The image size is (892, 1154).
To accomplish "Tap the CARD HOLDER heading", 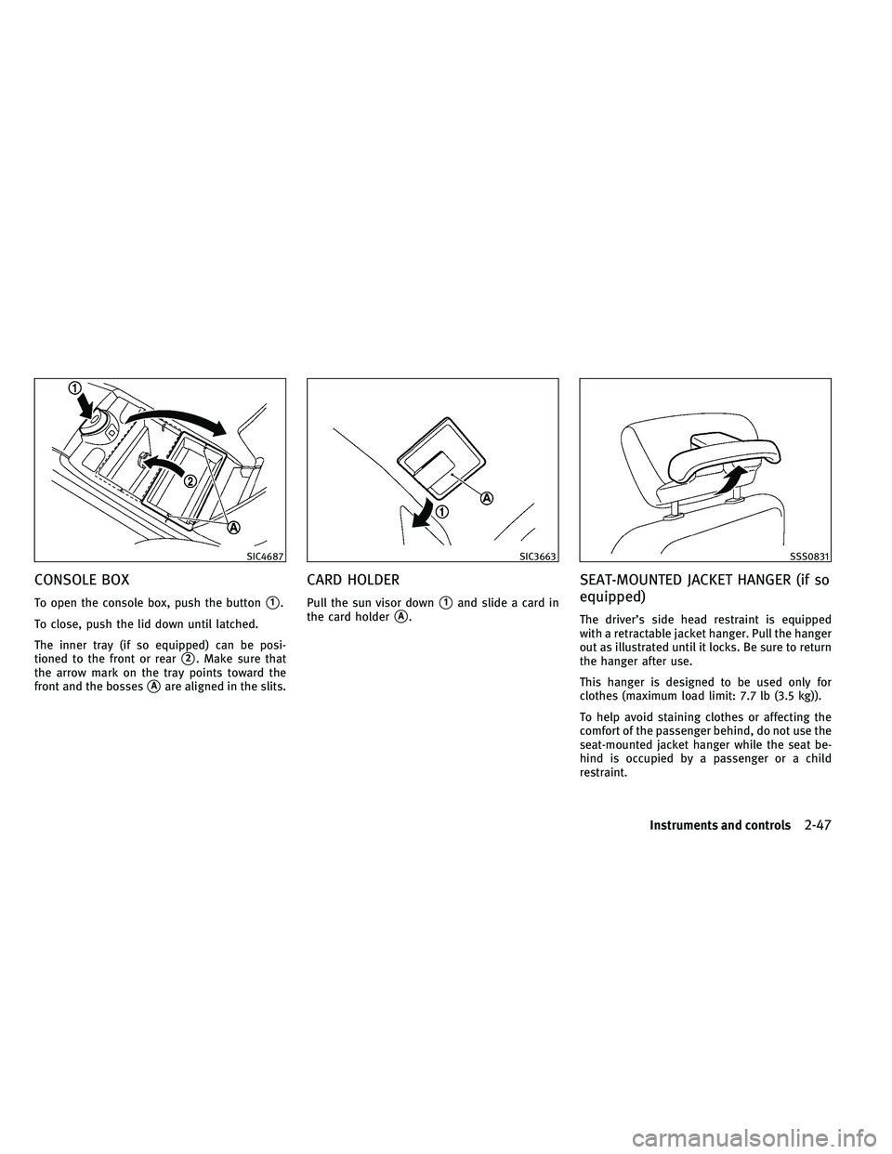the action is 351,580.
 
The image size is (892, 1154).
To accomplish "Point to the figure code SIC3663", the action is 538,556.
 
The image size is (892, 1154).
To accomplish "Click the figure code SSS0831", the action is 811,556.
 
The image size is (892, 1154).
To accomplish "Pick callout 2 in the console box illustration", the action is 190,480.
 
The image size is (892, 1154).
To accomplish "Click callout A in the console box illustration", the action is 234,528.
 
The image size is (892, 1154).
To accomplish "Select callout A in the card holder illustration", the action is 488,498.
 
